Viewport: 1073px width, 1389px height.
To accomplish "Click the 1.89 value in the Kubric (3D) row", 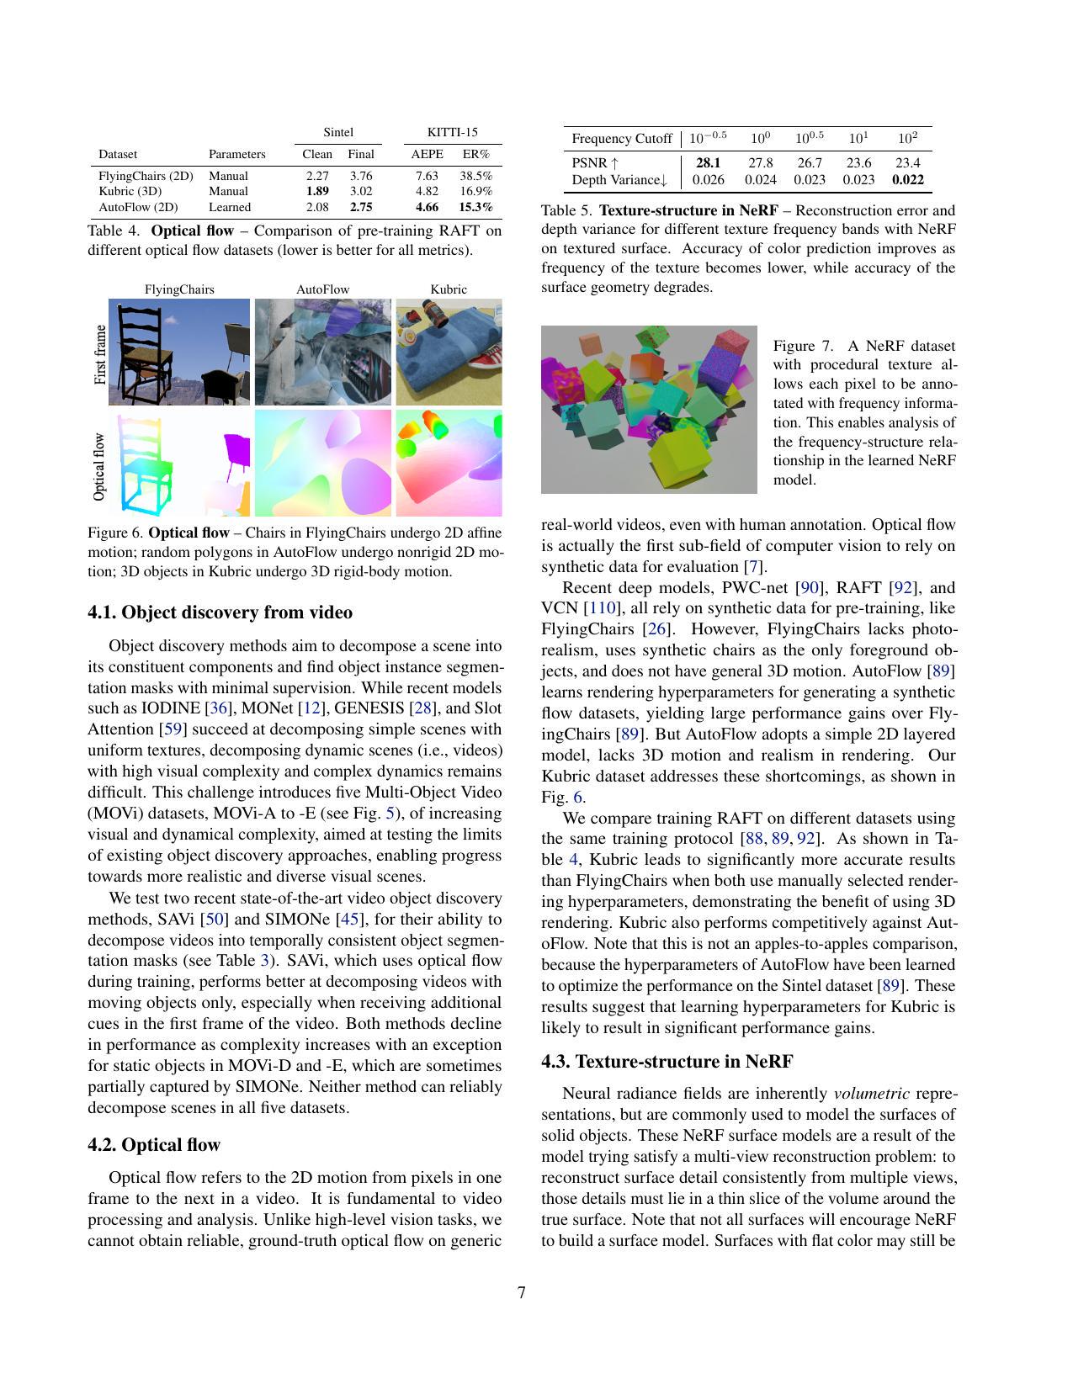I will coord(317,191).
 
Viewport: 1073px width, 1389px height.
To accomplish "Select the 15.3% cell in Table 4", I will coord(475,207).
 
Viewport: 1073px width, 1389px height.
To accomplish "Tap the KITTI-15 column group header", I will coord(452,132).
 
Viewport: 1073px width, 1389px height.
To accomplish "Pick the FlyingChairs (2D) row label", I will coord(146,176).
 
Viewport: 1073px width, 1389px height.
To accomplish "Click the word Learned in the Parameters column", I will coord(230,207).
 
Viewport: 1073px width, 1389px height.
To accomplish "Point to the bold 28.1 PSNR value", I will coord(708,163).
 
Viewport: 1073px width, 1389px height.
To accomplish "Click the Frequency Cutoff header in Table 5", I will coord(621,139).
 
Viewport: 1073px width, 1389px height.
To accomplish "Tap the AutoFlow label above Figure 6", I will coord(322,289).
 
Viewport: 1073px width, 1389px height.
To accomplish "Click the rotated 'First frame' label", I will coord(100,354).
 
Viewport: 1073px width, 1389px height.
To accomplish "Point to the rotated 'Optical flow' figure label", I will coord(100,466).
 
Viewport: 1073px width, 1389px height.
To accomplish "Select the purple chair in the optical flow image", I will coord(236,454).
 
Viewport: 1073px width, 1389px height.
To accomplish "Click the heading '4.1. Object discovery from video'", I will coord(220,612).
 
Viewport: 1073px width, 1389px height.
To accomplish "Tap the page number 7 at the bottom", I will coord(522,1293).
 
